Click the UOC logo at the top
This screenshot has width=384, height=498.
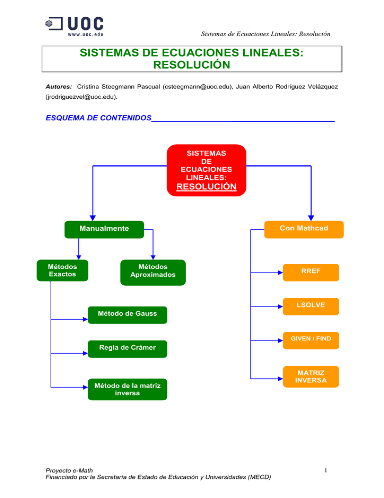pyautogui.click(x=75, y=26)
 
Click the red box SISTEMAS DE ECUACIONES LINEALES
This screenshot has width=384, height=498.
pyautogui.click(x=206, y=170)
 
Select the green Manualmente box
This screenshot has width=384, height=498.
pyautogui.click(x=104, y=229)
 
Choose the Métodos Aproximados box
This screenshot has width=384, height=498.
pyautogui.click(x=153, y=271)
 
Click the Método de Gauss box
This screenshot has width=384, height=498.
pyautogui.click(x=127, y=314)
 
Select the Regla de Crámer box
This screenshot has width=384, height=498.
pyautogui.click(x=127, y=348)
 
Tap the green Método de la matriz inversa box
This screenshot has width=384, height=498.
pyautogui.click(x=127, y=389)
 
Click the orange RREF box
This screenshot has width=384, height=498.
pyautogui.click(x=310, y=271)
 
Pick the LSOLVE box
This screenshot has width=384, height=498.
pyautogui.click(x=310, y=305)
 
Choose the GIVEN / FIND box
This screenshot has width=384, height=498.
pyautogui.click(x=310, y=339)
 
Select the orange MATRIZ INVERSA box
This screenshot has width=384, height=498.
pyautogui.click(x=310, y=377)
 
